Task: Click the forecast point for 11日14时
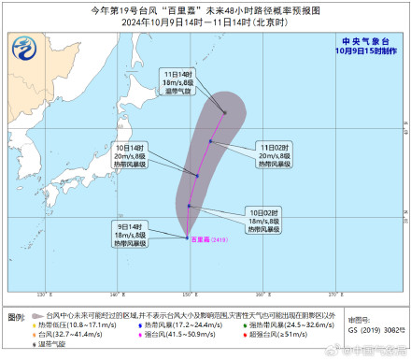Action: coord(225,113)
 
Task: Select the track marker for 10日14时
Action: coord(197,175)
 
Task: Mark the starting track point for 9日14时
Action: coord(187,235)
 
